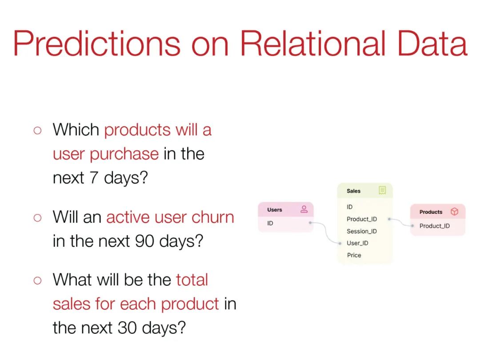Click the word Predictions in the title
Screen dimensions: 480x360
pyautogui.click(x=97, y=43)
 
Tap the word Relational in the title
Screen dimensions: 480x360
pyautogui.click(x=313, y=43)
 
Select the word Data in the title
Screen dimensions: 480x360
pyautogui.click(x=432, y=43)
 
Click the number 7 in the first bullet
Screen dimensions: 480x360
pyautogui.click(x=94, y=177)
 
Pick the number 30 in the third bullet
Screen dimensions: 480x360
pyautogui.click(x=127, y=328)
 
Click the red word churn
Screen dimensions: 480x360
pyautogui.click(x=213, y=217)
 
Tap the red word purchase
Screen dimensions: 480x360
pyautogui.click(x=124, y=154)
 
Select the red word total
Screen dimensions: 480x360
pyautogui.click(x=192, y=280)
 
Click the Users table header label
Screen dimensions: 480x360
pyautogui.click(x=275, y=210)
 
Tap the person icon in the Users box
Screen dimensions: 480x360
pyautogui.click(x=304, y=209)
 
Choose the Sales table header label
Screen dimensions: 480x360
pyautogui.click(x=354, y=191)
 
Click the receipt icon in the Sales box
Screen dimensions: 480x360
pyautogui.click(x=382, y=190)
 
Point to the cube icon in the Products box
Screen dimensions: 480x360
pyautogui.click(x=455, y=212)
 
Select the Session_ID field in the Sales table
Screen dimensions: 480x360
pyautogui.click(x=362, y=231)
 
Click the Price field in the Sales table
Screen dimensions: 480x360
pyautogui.click(x=354, y=255)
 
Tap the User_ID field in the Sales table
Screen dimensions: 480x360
pyautogui.click(x=357, y=243)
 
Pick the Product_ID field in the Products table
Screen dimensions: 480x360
pyautogui.click(x=435, y=226)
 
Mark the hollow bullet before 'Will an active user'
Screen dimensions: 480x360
pyautogui.click(x=37, y=218)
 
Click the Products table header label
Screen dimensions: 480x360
pyautogui.click(x=431, y=212)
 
